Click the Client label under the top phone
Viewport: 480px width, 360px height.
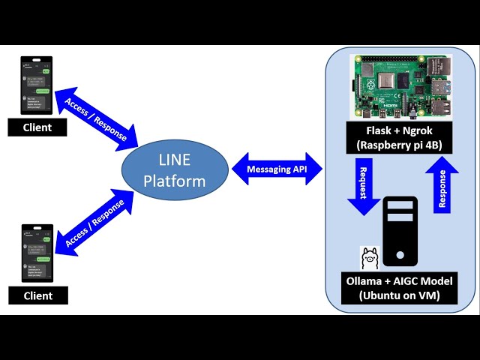coord(37,127)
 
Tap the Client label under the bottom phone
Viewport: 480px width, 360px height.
coord(37,295)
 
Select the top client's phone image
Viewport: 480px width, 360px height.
coord(36,85)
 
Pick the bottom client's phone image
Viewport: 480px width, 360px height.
coord(36,254)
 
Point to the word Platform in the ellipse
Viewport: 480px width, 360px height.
coord(175,181)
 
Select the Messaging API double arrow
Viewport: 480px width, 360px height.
coord(277,169)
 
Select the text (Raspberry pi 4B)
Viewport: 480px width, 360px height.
coord(398,145)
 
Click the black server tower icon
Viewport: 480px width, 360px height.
coord(400,232)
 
